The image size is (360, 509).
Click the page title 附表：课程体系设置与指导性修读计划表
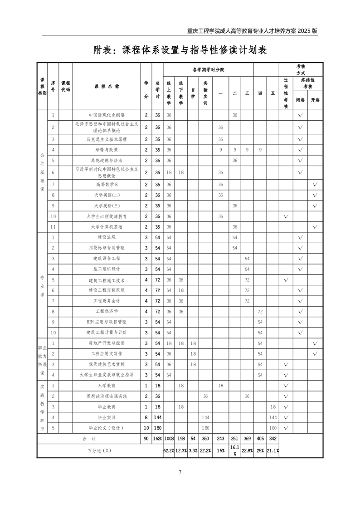[x=180, y=50]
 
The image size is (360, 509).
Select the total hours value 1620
[x=157, y=439]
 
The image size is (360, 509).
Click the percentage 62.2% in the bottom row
[x=169, y=451]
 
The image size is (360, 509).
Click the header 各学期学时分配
[x=208, y=70]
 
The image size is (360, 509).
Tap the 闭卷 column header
[x=300, y=99]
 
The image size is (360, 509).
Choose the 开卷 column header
[x=315, y=99]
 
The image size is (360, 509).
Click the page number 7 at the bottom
[x=180, y=472]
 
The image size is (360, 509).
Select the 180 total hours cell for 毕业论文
[x=157, y=428]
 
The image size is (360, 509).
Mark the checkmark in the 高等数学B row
[x=315, y=185]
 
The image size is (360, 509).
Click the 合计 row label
[x=89, y=439]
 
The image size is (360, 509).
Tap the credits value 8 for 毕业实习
[x=146, y=417]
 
